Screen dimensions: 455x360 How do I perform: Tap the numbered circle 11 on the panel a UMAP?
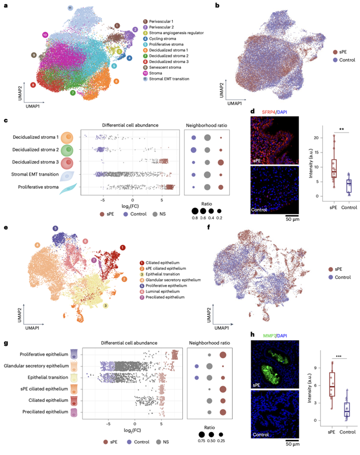70,8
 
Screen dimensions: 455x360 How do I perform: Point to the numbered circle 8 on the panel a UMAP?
33,85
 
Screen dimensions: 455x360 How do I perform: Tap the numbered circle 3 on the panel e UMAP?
106,305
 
